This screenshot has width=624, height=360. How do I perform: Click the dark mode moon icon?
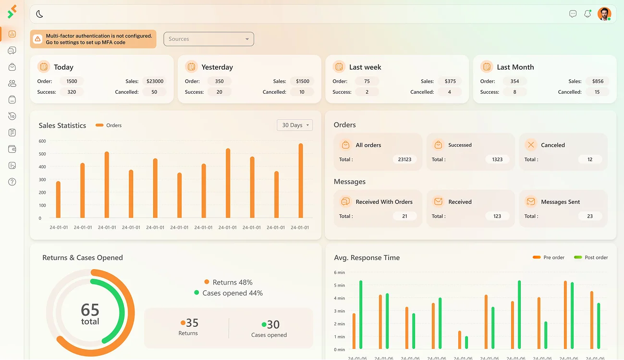tap(39, 14)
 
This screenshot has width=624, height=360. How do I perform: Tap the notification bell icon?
tap(587, 14)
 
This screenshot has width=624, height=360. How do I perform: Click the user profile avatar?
tap(604, 14)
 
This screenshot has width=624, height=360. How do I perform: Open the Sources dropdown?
tap(208, 39)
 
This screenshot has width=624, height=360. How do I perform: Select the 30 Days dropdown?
tap(294, 125)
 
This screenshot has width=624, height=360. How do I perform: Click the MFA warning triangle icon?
tap(37, 39)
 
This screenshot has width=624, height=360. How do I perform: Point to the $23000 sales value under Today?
tap(155, 81)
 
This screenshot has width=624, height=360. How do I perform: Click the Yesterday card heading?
tap(217, 67)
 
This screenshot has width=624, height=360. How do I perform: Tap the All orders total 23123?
tap(404, 159)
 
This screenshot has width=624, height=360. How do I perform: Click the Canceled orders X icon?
tap(530, 145)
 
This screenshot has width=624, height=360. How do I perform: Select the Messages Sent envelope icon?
tap(530, 201)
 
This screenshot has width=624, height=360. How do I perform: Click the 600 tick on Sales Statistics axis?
tap(42, 141)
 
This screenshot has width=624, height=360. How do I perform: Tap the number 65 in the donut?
tap(90, 310)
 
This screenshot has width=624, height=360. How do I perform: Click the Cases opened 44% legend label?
tap(232, 293)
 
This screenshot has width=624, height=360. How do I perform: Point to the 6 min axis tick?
tap(339, 273)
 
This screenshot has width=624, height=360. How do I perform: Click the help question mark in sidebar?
tap(12, 182)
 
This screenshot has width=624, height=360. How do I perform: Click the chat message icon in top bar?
tap(573, 14)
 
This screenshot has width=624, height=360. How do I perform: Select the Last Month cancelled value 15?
tap(597, 92)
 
